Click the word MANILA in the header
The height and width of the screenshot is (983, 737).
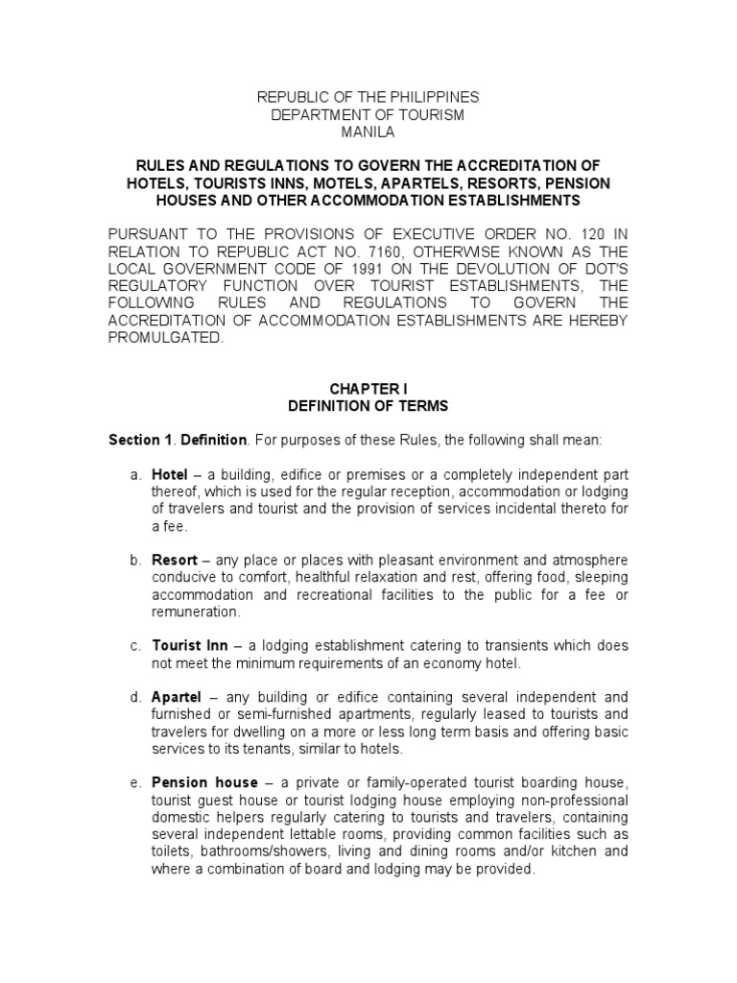click(x=368, y=132)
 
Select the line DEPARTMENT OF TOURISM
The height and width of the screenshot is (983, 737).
click(x=368, y=115)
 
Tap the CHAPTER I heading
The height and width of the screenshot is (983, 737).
click(x=368, y=388)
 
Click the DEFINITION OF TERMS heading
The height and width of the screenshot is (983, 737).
click(x=368, y=406)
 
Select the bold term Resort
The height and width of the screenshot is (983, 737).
click(x=175, y=559)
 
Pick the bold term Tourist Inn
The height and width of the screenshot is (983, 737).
click(x=187, y=645)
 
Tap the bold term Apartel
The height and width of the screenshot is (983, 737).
click(x=176, y=696)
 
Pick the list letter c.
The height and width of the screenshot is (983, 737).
click(x=135, y=645)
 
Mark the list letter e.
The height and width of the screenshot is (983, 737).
click(x=135, y=783)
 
